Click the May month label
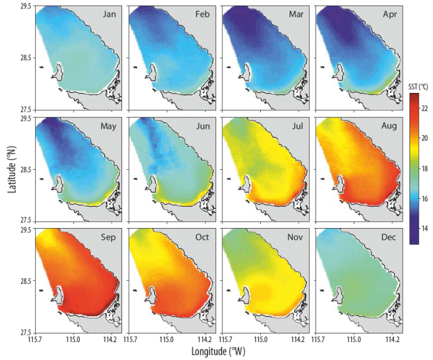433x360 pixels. (x=108, y=127)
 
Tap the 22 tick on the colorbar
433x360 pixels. (x=425, y=107)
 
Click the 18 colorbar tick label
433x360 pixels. (x=425, y=168)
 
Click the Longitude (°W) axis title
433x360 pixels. (x=216, y=351)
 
